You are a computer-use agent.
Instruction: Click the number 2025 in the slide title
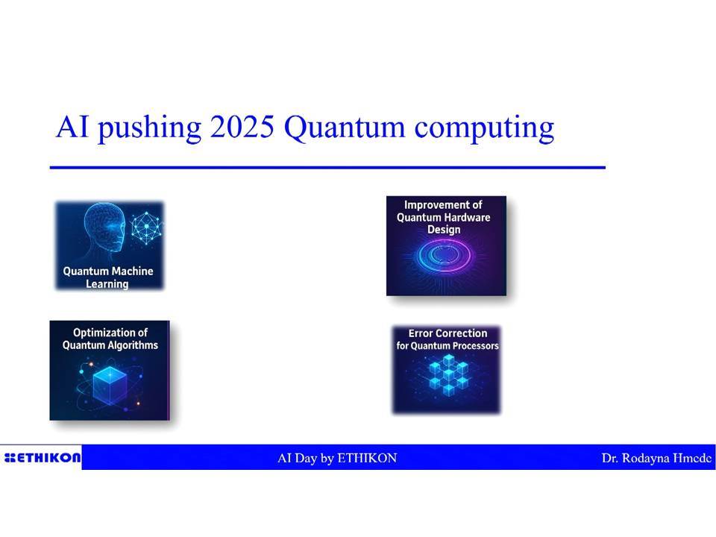[242, 127]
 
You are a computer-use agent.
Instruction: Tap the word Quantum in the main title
[345, 128]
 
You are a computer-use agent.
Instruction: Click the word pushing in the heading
[149, 129]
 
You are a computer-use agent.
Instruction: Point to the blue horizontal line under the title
[327, 168]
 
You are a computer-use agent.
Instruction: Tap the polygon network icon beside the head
[146, 227]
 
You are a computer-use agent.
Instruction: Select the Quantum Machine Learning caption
[108, 277]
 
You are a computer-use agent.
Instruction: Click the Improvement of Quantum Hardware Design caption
[443, 217]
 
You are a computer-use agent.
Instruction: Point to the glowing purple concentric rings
[444, 255]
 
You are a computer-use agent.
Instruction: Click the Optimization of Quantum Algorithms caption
[110, 339]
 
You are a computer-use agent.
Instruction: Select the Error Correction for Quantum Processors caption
[447, 339]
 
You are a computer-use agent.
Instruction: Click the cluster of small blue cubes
[449, 374]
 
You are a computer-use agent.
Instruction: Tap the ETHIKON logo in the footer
[42, 457]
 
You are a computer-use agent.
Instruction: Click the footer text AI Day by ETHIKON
[337, 458]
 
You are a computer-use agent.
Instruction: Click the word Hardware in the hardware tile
[467, 217]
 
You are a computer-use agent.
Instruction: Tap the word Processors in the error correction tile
[477, 345]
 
